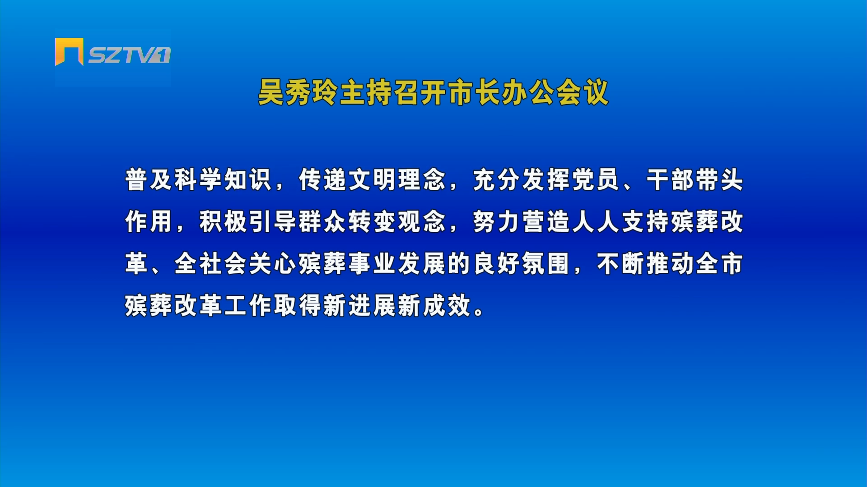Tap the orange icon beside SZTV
[69, 52]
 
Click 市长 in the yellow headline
[474, 93]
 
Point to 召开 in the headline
[420, 93]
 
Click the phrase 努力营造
[521, 221]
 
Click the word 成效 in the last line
[447, 305]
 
